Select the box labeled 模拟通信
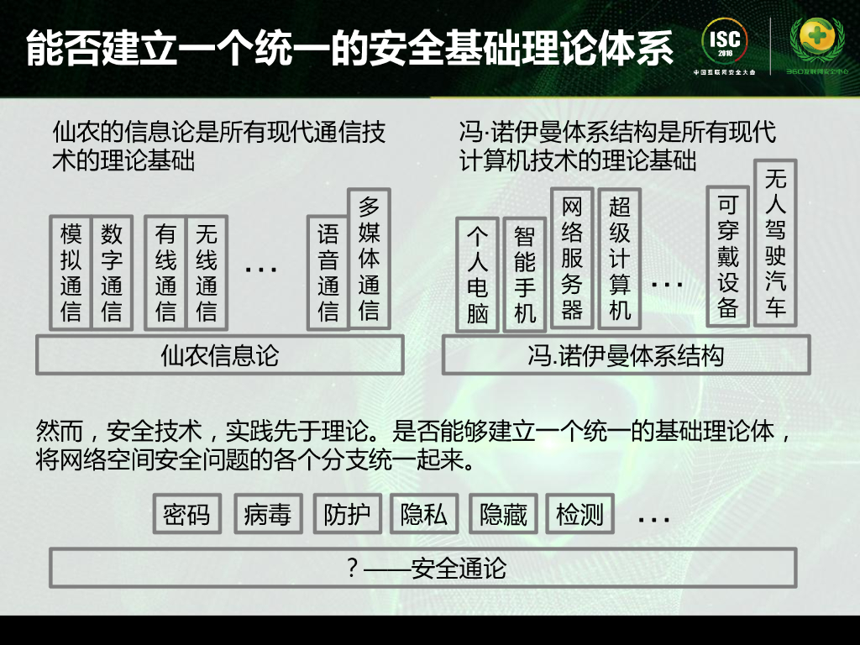tap(71, 273)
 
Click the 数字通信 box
tap(112, 273)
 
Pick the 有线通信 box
tap(165, 273)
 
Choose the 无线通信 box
tap(206, 273)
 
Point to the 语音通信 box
tap(328, 273)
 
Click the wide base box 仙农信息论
tap(219, 356)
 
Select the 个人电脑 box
tap(477, 275)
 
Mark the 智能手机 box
tap(524, 275)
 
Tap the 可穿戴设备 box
tap(728, 256)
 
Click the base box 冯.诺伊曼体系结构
tap(626, 356)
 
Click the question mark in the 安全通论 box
tap(354, 568)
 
